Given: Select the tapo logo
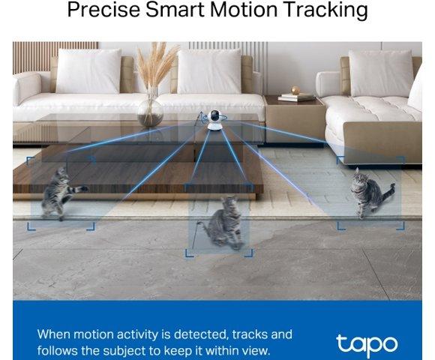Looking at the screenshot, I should [367, 343].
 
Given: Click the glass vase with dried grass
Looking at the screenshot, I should [151, 111].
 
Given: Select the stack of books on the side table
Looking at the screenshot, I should [296, 97].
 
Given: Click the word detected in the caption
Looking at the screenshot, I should [201, 334].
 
